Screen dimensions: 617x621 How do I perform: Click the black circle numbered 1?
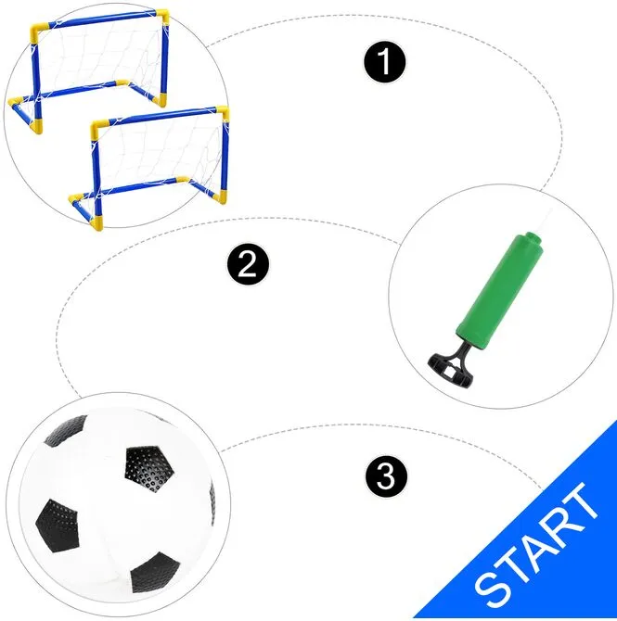click(385, 62)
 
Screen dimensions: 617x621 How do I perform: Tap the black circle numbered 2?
click(248, 264)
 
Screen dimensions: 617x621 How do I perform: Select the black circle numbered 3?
click(386, 476)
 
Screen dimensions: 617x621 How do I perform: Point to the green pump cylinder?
click(500, 291)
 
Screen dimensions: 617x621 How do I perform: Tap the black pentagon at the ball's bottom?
click(155, 573)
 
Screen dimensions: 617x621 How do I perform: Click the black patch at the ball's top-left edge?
click(67, 430)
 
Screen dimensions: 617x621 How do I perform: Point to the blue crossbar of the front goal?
click(162, 116)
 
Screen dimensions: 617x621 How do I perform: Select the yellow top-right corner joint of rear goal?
click(163, 17)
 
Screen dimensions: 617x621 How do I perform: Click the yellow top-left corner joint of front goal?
click(99, 128)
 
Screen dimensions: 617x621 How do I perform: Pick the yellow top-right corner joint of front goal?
click(223, 112)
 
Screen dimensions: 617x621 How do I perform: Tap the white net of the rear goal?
click(99, 56)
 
